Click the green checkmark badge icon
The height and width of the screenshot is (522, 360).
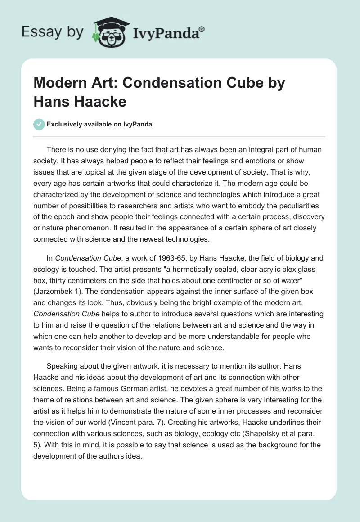39,124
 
